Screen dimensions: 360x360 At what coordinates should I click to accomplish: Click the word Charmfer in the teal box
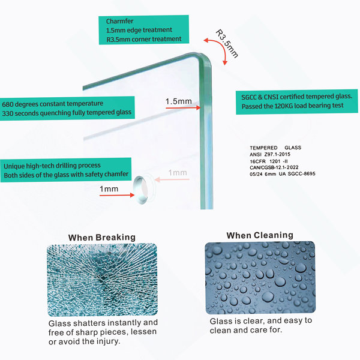click(x=119, y=22)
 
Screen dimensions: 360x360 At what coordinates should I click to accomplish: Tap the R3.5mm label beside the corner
click(x=227, y=43)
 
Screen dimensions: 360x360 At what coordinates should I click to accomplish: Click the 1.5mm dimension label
click(x=179, y=101)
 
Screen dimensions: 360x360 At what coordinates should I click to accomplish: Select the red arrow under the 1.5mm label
click(x=183, y=107)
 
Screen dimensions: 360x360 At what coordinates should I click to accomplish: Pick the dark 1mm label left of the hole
click(x=109, y=189)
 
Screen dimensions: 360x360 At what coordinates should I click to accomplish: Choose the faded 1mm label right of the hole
click(x=178, y=173)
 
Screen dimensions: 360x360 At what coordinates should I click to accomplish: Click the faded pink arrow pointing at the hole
click(x=172, y=179)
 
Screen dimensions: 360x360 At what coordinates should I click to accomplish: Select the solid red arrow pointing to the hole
click(x=117, y=195)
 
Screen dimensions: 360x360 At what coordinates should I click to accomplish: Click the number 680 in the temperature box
click(x=7, y=104)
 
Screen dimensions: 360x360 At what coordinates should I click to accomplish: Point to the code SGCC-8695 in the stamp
click(x=301, y=173)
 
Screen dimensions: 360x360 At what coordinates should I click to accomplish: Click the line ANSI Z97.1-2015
click(x=270, y=154)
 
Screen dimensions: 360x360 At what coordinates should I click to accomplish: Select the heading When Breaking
click(x=102, y=238)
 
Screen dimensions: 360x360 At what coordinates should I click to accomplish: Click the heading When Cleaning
click(x=260, y=235)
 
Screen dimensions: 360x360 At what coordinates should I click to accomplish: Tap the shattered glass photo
click(x=103, y=280)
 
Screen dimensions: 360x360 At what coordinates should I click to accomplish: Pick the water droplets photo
click(x=260, y=278)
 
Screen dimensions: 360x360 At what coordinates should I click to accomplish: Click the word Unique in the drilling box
click(x=14, y=166)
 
